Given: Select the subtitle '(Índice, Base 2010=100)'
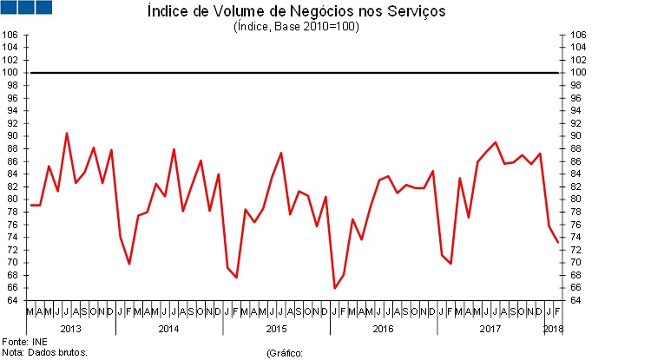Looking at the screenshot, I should point(296,26).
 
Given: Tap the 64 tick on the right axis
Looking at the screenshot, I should point(577,300).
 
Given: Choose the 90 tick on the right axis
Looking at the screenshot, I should point(577,136).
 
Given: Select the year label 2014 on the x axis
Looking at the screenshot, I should point(168,329).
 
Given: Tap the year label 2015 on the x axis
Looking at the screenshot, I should point(276,329).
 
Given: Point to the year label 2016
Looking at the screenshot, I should point(384,329).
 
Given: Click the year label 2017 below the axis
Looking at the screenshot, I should point(490,329).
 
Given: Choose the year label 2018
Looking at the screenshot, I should point(553,329).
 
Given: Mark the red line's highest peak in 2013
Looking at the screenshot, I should point(67,133).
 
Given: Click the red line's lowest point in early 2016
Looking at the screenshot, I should point(335,288).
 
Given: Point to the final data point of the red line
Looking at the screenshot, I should point(558,242).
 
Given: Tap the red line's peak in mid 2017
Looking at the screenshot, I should point(495,142).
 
